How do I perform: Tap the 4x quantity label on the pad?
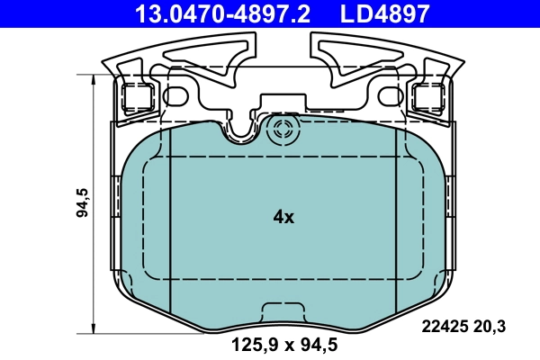[283, 217]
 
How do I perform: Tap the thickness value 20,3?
[493, 328]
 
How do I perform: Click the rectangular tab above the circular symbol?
[282, 103]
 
